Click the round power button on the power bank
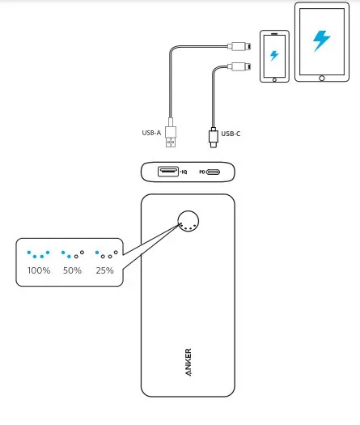pyautogui.click(x=188, y=220)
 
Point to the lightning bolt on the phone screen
pyautogui.click(x=274, y=56)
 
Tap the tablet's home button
pyautogui.click(x=321, y=77)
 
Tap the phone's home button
pyautogui.click(x=274, y=79)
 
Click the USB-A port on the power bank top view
pyautogui.click(x=168, y=172)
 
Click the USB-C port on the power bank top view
pyautogui.click(x=214, y=172)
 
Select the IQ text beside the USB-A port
pyautogui.click(x=184, y=172)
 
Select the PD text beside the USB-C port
pyautogui.click(x=202, y=172)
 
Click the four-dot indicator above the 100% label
pyautogui.click(x=38, y=253)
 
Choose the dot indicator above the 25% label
pyautogui.click(x=106, y=253)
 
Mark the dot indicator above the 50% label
pyautogui.click(x=72, y=253)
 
